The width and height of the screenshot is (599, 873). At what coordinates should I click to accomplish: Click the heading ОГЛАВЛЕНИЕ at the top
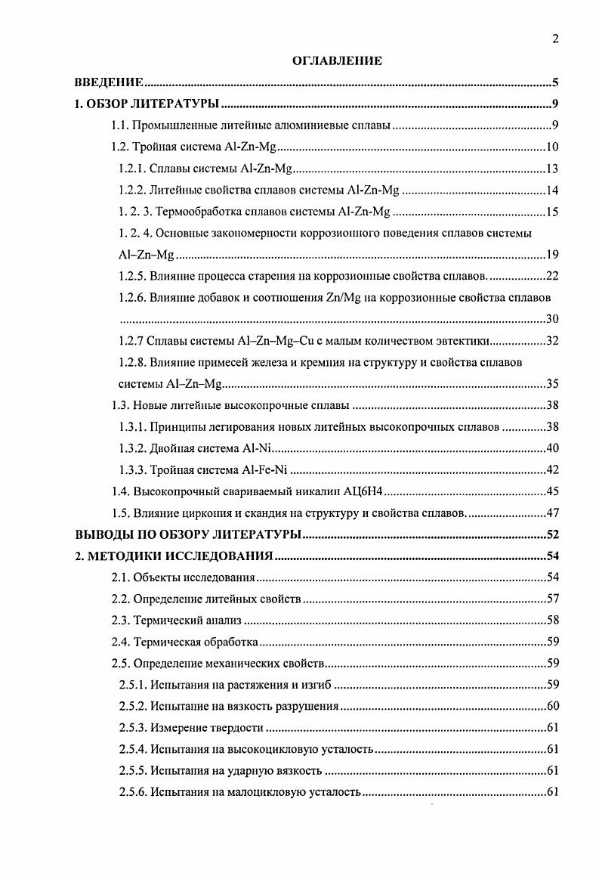337,61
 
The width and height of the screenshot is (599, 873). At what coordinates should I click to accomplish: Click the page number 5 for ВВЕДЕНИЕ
555,82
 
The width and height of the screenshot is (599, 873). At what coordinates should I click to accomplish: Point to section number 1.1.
121,125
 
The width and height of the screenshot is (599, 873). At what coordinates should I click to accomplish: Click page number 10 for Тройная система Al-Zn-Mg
551,147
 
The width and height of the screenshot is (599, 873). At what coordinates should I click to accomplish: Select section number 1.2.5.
134,274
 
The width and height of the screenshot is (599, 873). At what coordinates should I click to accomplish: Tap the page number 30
551,317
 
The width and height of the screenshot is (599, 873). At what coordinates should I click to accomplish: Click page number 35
551,383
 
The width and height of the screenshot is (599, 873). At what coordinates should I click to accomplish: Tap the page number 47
551,513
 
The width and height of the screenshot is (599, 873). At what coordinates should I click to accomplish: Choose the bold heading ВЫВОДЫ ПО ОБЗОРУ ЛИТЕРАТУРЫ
189,535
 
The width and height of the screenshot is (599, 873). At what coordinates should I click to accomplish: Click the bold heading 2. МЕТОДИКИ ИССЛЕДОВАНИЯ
174,557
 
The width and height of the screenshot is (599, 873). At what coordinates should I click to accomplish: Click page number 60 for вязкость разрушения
551,707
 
